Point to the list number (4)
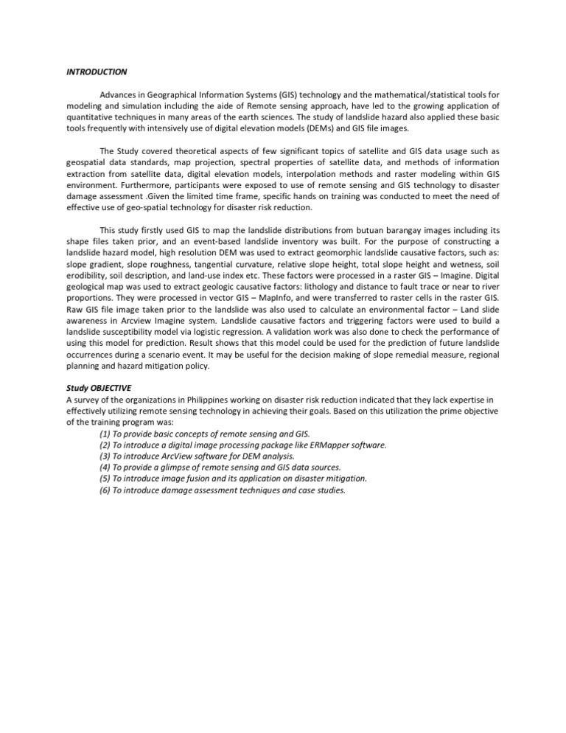click(105, 468)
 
